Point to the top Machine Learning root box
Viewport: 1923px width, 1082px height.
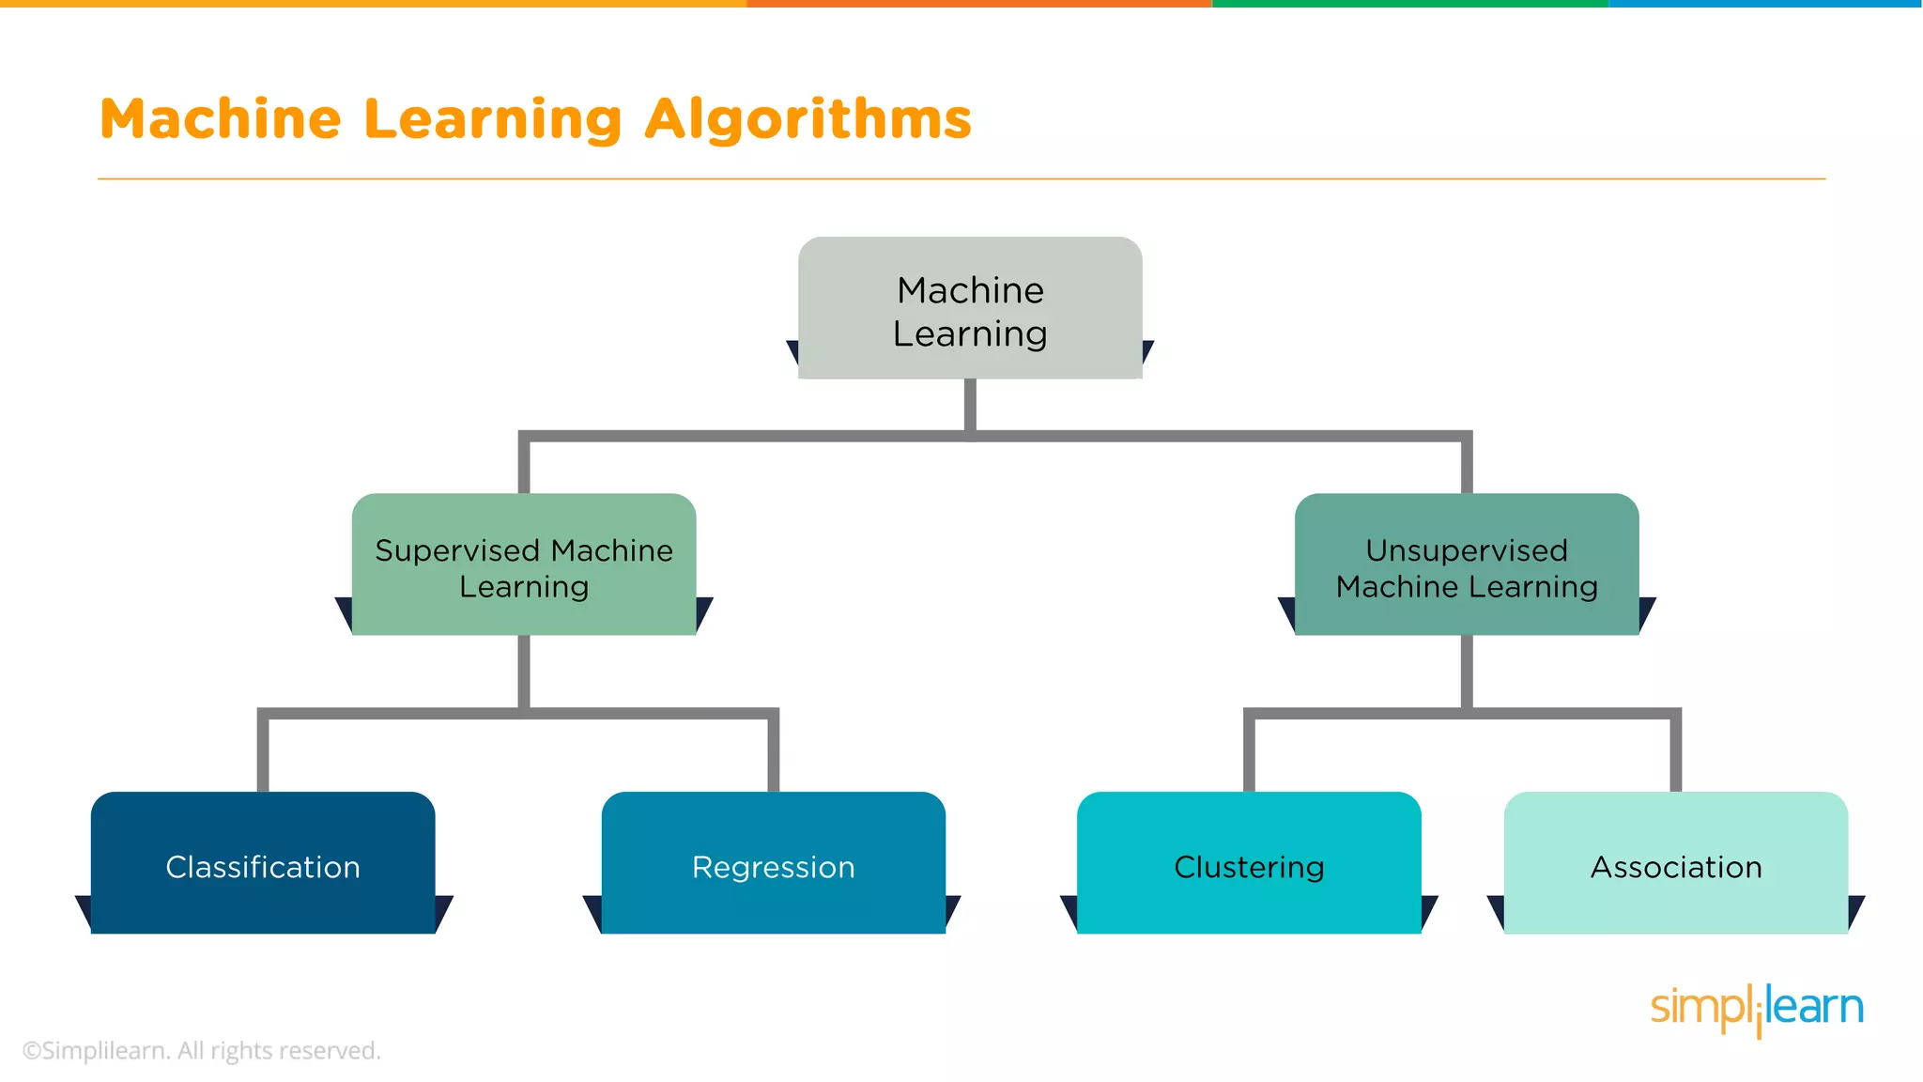click(x=970, y=310)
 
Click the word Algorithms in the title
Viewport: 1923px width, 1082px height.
click(x=808, y=120)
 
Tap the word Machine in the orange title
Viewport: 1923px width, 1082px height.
click(x=221, y=120)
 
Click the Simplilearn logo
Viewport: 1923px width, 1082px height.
click(x=1756, y=1009)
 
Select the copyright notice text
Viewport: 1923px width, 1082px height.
click(x=201, y=1050)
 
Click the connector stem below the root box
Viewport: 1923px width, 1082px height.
click(x=970, y=404)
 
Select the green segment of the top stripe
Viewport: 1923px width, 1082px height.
click(x=1408, y=4)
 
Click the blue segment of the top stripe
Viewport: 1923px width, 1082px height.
click(x=1765, y=4)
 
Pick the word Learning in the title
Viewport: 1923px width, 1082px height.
click(x=493, y=120)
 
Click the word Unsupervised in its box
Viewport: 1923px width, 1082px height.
click(x=1467, y=550)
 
